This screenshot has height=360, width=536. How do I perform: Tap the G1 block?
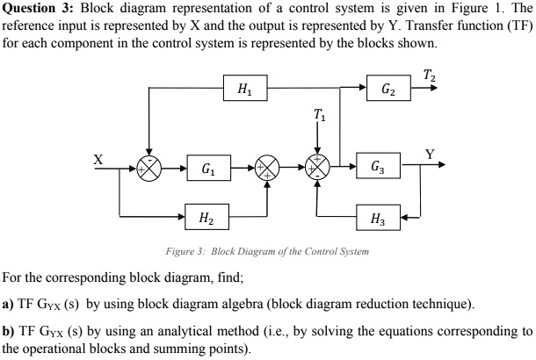tap(205, 165)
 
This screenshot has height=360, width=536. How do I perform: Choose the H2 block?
tap(205, 215)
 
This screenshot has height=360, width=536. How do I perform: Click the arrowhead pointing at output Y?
tap(441, 165)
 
